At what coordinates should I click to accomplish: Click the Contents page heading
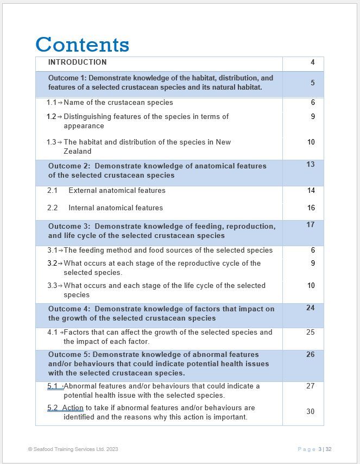pos(82,45)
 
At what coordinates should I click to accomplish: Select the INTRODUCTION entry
pos(77,62)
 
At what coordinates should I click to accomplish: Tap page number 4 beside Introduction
pos(312,62)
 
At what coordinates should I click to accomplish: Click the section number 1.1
pos(51,103)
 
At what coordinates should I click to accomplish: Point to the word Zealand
pos(77,152)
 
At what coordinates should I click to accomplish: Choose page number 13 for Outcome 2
pos(310,165)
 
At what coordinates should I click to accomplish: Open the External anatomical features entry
pos(117,191)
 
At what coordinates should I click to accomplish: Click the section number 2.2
pos(52,208)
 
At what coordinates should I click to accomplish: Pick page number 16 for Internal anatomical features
pos(311,208)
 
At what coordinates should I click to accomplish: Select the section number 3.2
pos(51,264)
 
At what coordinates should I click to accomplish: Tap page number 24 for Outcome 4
pos(310,308)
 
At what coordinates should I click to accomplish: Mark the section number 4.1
pos(52,333)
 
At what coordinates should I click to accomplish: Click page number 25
pos(310,333)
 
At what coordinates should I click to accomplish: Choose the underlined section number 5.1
pos(53,386)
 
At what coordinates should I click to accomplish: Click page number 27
pos(310,386)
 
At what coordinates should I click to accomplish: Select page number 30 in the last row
pos(310,412)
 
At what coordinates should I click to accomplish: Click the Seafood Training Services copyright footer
pos(73,449)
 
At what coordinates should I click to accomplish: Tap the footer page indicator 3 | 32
pos(325,449)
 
